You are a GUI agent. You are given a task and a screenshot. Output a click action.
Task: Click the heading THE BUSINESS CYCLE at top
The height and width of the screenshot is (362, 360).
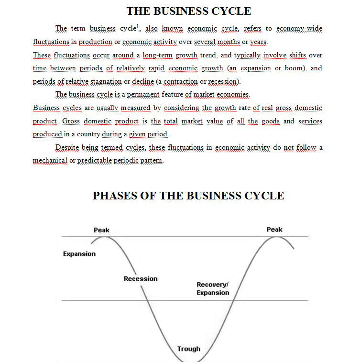(x=189, y=11)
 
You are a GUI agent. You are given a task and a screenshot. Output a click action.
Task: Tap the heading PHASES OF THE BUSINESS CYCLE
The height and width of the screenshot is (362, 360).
(x=188, y=196)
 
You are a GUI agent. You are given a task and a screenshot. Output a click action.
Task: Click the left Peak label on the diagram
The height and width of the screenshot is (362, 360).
(x=101, y=230)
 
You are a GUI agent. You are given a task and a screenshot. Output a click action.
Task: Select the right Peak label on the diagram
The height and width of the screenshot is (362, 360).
(x=274, y=230)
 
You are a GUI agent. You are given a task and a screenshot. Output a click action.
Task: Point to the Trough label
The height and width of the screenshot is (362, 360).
(x=188, y=349)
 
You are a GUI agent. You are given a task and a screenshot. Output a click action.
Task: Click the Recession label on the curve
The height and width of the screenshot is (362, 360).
(x=141, y=279)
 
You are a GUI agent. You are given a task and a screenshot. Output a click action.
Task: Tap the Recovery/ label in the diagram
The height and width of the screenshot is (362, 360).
(x=213, y=285)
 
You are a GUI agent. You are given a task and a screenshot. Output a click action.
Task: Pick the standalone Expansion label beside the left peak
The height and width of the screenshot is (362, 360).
(x=79, y=254)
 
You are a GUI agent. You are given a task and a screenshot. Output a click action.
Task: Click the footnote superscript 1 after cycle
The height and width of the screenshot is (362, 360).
(x=138, y=26)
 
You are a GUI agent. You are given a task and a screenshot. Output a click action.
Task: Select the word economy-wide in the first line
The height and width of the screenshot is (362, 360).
(x=299, y=28)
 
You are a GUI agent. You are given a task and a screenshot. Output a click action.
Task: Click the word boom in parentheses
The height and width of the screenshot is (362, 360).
(x=294, y=68)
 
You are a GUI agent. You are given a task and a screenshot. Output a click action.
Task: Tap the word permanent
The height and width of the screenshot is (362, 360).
(x=143, y=95)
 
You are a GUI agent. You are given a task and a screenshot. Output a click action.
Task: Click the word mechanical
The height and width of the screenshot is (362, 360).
(x=50, y=161)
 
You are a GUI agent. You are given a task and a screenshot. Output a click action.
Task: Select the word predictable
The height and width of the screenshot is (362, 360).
(x=94, y=161)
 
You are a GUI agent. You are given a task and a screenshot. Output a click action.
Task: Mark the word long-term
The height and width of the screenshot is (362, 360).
(x=157, y=55)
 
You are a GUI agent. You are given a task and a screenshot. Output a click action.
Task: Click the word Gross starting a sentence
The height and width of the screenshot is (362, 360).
(x=71, y=121)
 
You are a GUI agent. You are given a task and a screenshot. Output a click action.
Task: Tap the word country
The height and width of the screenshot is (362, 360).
(x=88, y=134)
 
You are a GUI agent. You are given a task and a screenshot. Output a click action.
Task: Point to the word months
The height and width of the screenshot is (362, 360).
(x=229, y=42)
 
